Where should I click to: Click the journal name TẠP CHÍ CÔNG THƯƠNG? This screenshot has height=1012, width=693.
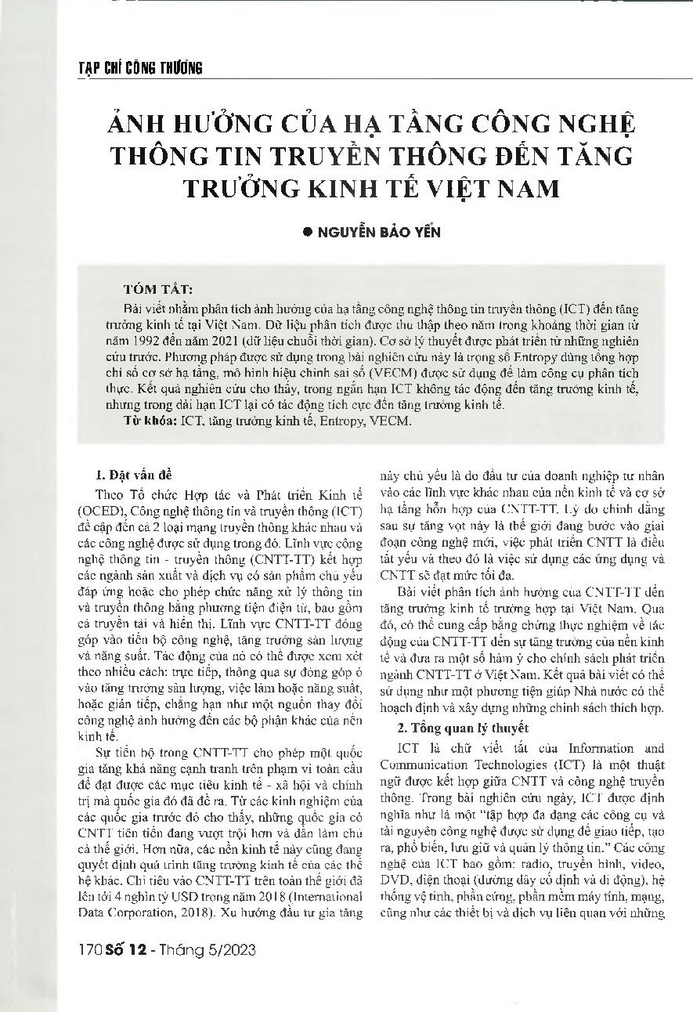coord(141,68)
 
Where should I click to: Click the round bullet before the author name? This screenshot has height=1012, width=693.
coord(307,232)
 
